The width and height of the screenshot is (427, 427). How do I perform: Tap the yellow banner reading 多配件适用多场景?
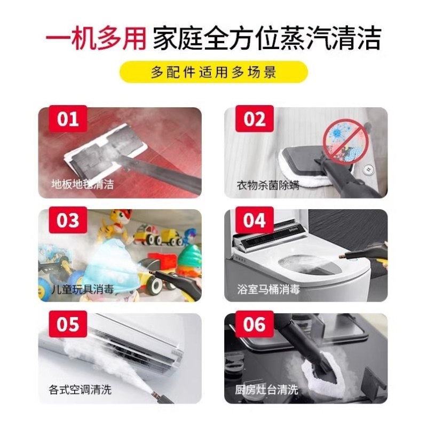click(x=213, y=72)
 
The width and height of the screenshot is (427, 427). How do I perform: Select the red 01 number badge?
click(x=68, y=118)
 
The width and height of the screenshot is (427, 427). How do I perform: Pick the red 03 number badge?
click(x=68, y=220)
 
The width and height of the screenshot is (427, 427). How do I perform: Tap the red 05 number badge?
click(x=68, y=325)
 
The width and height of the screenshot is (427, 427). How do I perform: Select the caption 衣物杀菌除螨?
click(x=268, y=185)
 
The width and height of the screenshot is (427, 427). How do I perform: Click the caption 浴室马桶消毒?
click(x=268, y=289)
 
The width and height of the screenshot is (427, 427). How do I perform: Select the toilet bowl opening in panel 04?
click(x=304, y=264)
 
